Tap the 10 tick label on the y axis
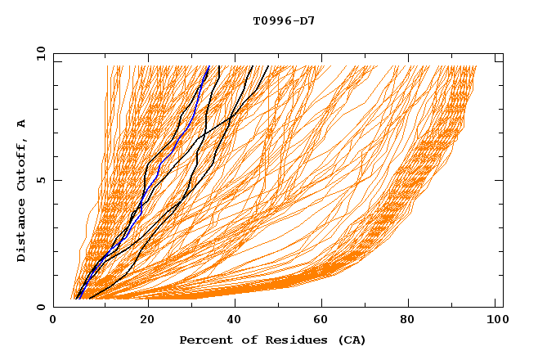pos(38,53)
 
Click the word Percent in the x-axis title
pos(203,340)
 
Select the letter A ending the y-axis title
pos(22,124)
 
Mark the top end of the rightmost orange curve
pos(476,66)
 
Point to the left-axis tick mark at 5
pos(56,180)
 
